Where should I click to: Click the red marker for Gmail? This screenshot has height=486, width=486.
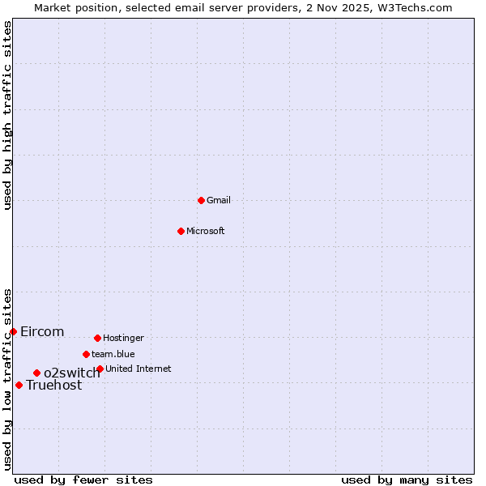(x=202, y=200)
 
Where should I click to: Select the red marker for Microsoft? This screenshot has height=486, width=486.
(x=181, y=231)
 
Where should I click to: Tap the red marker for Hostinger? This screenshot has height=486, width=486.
(x=97, y=338)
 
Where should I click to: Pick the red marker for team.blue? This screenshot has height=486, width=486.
(x=86, y=354)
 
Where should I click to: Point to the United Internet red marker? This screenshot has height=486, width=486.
(x=100, y=369)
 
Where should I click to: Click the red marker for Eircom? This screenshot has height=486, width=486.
(x=13, y=331)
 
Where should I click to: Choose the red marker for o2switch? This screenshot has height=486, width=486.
(x=36, y=373)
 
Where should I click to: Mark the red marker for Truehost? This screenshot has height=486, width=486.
(x=19, y=385)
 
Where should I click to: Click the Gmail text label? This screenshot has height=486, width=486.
(x=219, y=200)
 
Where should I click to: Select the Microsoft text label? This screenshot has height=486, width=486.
(x=206, y=231)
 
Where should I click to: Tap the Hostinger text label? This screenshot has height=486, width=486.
(x=123, y=338)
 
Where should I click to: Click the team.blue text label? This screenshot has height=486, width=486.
(x=113, y=354)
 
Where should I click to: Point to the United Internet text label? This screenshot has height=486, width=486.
(x=139, y=369)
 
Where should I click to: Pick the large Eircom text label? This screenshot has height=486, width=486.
(x=42, y=331)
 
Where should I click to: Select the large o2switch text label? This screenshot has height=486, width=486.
(x=72, y=373)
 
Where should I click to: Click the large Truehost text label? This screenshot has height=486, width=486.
(x=53, y=386)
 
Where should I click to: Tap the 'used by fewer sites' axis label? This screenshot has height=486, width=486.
(x=83, y=480)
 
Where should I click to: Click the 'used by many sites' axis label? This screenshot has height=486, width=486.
(x=407, y=480)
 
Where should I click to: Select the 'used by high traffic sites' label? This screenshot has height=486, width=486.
(x=7, y=115)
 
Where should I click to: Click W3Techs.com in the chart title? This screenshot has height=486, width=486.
(x=412, y=7)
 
